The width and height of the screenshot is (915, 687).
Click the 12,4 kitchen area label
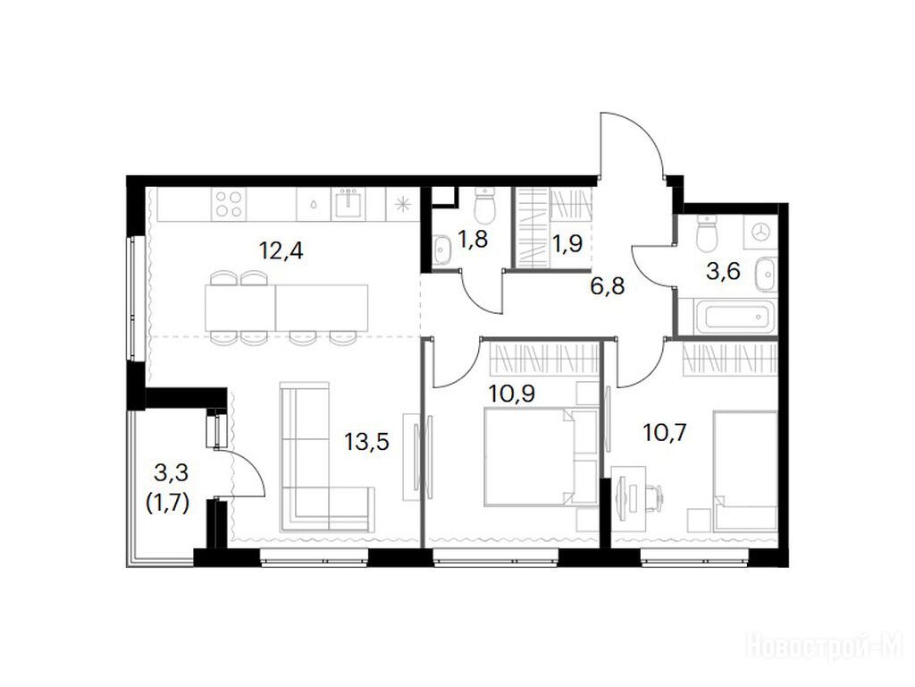(281, 251)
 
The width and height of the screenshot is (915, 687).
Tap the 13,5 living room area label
(366, 442)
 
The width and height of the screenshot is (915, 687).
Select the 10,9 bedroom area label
(512, 394)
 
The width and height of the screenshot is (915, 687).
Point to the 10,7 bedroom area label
(665, 433)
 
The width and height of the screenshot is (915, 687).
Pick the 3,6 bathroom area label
(723, 271)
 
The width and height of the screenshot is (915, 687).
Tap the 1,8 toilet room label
(473, 240)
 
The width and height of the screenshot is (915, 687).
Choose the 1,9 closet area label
(567, 243)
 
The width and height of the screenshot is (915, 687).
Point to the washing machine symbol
(761, 232)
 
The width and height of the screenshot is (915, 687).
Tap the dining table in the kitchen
(287, 308)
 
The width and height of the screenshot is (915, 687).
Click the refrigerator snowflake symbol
(401, 204)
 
